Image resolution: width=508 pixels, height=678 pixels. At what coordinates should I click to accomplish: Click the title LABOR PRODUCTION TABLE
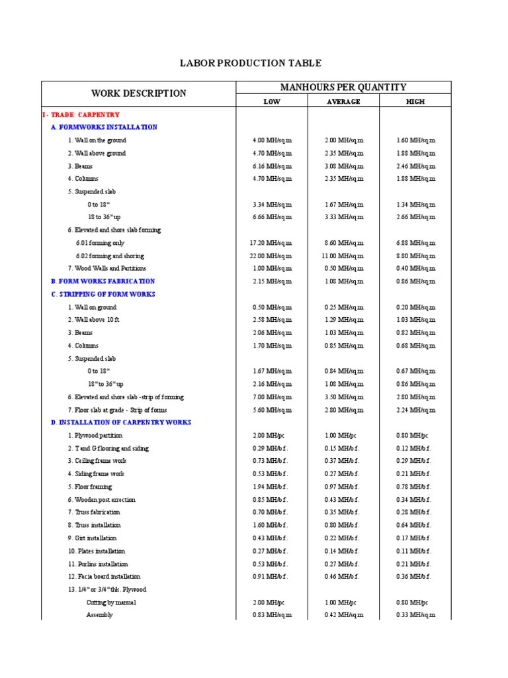[251, 64]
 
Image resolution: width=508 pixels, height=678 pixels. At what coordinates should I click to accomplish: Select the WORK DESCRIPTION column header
[139, 93]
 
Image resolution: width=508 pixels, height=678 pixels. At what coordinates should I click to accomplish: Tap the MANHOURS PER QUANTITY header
[343, 87]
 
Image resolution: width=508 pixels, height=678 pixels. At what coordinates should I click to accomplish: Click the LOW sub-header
[272, 101]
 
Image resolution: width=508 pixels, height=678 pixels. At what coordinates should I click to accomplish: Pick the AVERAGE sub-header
[343, 101]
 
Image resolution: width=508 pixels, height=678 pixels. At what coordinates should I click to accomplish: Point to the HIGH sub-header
[415, 101]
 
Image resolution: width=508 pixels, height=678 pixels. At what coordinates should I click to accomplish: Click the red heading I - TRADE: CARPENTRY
[81, 115]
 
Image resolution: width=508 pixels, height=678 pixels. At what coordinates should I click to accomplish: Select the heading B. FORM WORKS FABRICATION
[103, 281]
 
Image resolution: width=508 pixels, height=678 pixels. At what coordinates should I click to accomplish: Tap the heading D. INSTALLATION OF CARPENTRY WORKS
[121, 422]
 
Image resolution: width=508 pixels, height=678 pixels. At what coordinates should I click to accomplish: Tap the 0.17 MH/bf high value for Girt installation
[415, 538]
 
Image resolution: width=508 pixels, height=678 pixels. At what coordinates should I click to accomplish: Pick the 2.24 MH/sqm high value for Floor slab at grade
[415, 410]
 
